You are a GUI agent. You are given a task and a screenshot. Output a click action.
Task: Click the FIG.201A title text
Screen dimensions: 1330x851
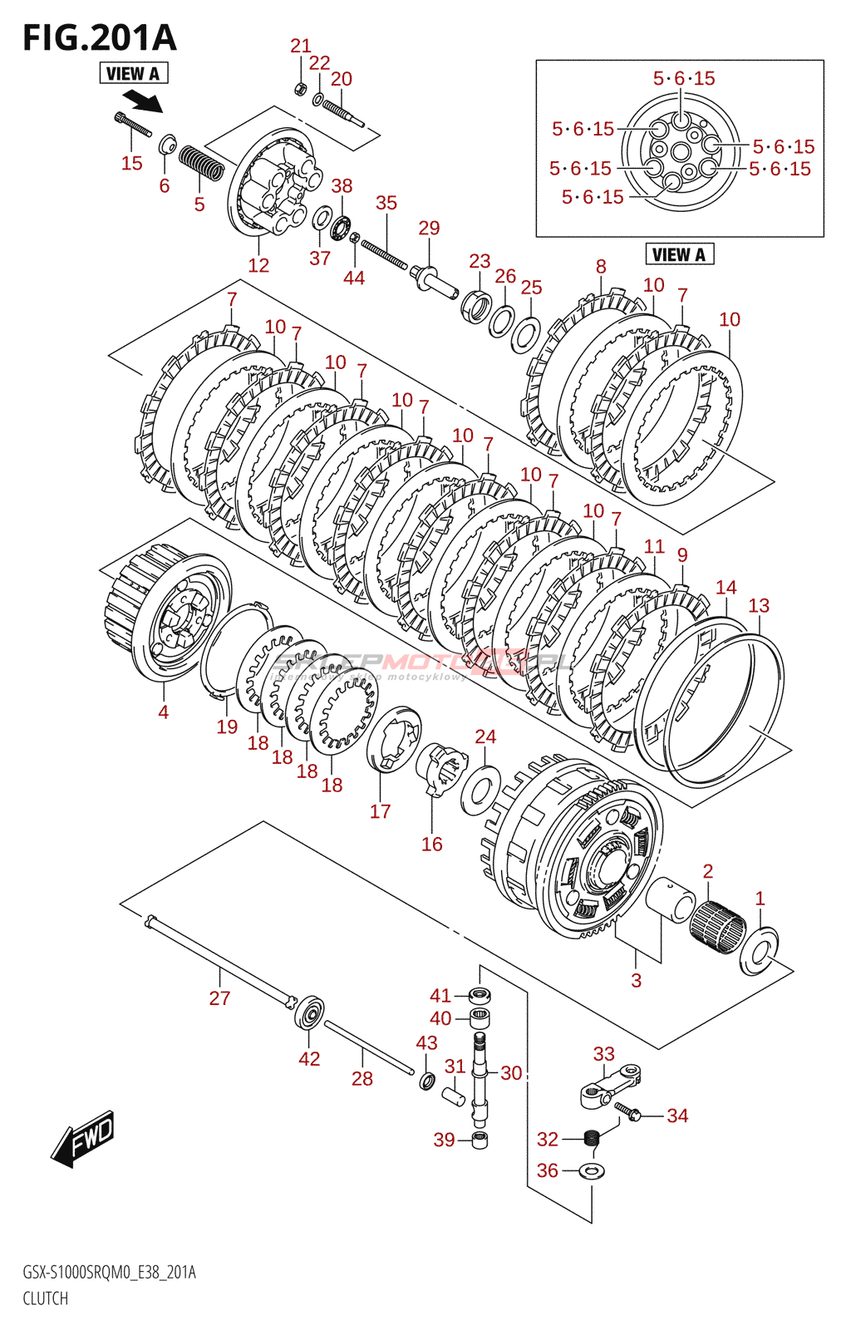(100, 38)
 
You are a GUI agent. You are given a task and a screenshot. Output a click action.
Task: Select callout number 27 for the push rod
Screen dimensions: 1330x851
(219, 998)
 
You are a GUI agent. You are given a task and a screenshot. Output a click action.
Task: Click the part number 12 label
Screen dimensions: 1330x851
(258, 265)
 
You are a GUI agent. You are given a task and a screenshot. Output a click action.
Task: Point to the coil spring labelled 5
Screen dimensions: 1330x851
(202, 162)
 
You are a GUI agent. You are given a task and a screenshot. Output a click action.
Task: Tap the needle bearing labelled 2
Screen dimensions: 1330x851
(717, 924)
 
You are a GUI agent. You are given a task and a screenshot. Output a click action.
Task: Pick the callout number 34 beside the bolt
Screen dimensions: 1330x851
(677, 1116)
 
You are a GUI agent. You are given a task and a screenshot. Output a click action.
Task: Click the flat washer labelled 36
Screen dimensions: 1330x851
(592, 1171)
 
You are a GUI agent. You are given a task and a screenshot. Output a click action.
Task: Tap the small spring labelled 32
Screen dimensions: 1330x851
(592, 1137)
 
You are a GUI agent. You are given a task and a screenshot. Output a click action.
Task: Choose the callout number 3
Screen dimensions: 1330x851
(636, 981)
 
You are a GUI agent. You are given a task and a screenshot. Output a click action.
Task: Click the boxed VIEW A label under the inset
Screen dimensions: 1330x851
(679, 254)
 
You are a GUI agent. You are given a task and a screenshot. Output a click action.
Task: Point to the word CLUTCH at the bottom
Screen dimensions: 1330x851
(46, 1298)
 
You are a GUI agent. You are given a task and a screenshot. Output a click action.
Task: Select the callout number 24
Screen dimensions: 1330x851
(485, 736)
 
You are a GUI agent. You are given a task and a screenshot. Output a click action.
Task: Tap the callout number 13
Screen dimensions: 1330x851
(759, 605)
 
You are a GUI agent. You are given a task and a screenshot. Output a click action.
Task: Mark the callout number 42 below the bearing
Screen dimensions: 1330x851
(309, 1058)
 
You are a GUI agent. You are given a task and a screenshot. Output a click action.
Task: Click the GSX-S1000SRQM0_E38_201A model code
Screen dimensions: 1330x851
(109, 1273)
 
